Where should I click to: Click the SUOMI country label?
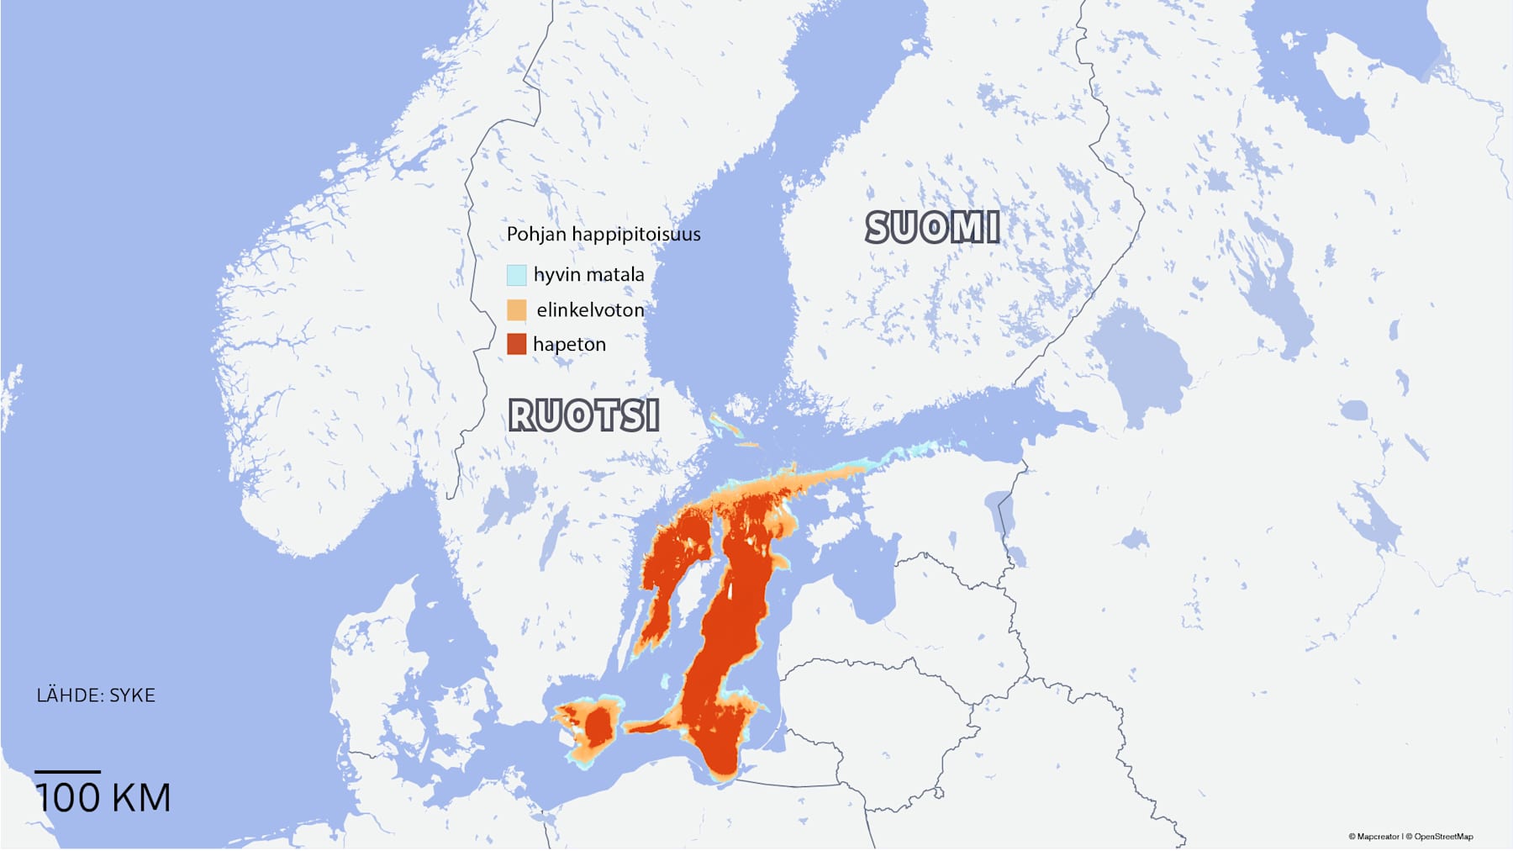(x=932, y=228)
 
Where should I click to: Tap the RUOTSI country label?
(x=583, y=415)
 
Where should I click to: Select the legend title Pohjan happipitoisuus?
(x=603, y=235)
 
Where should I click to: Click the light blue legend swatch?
(x=516, y=275)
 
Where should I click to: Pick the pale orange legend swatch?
(x=516, y=309)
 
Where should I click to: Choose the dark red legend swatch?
(x=516, y=344)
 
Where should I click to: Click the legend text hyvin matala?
(x=588, y=275)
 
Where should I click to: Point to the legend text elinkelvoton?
(x=590, y=310)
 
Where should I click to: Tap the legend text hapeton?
(x=569, y=344)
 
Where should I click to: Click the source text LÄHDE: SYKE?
(x=96, y=695)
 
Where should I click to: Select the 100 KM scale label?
(x=103, y=798)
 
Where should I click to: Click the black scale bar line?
(x=67, y=771)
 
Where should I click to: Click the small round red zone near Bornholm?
(x=598, y=726)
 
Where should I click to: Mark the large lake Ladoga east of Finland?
(x=1143, y=362)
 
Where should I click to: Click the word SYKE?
(x=133, y=695)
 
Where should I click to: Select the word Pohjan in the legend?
(x=536, y=235)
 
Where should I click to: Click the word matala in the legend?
(x=615, y=275)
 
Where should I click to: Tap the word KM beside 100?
(x=141, y=798)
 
